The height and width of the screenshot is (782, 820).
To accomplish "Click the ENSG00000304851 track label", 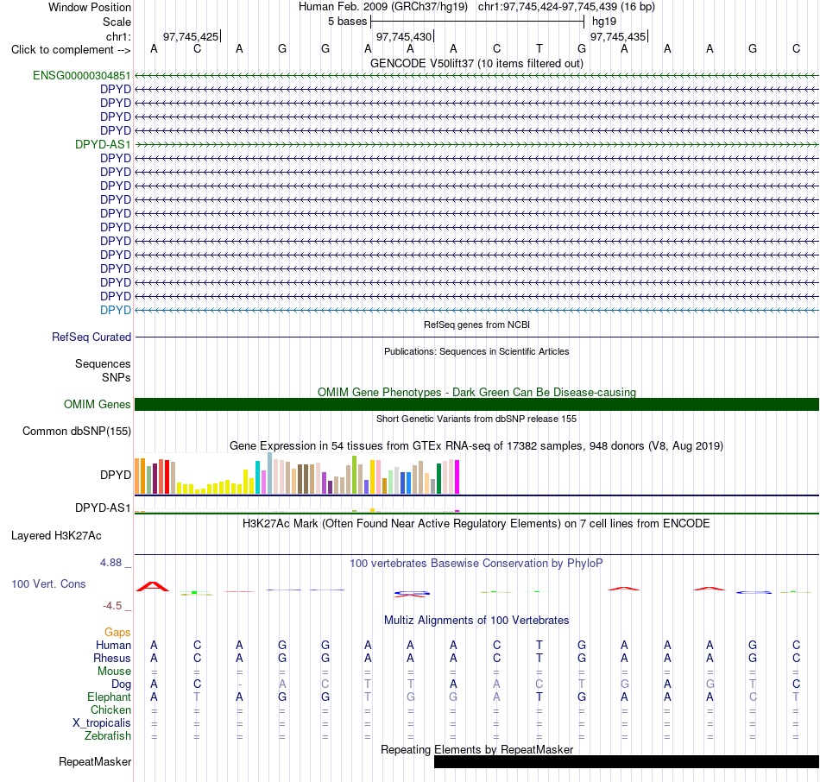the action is pyautogui.click(x=82, y=76).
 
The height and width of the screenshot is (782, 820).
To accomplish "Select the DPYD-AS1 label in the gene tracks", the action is pyautogui.click(x=103, y=144).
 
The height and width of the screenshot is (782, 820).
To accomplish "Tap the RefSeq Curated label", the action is pyautogui.click(x=91, y=337).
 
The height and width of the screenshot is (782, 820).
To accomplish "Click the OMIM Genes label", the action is pyautogui.click(x=98, y=404).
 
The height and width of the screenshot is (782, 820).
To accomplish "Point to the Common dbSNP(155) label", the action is pyautogui.click(x=77, y=432).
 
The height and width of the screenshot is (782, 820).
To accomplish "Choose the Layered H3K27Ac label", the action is pyautogui.click(x=56, y=536).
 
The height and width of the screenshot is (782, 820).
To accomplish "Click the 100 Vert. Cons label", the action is pyautogui.click(x=48, y=583).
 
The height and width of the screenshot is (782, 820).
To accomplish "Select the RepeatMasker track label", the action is pyautogui.click(x=95, y=761).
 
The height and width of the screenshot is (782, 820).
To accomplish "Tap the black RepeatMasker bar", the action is pyautogui.click(x=627, y=761).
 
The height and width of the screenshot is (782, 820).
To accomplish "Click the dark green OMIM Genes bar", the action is pyautogui.click(x=477, y=404).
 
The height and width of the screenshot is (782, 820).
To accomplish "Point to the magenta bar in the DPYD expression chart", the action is pyautogui.click(x=457, y=477).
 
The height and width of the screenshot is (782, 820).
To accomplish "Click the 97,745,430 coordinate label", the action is pyautogui.click(x=404, y=36).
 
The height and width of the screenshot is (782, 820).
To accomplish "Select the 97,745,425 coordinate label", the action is pyautogui.click(x=191, y=36).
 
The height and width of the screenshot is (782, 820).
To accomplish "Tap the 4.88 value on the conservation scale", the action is pyautogui.click(x=110, y=563).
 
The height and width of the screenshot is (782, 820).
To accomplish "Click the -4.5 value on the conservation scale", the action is pyautogui.click(x=112, y=606).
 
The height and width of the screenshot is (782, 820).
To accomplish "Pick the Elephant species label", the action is pyautogui.click(x=110, y=697).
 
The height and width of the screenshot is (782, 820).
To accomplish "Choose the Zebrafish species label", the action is pyautogui.click(x=108, y=736).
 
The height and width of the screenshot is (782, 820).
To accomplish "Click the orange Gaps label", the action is pyautogui.click(x=117, y=633).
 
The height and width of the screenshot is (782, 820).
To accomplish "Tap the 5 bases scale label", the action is pyautogui.click(x=348, y=22).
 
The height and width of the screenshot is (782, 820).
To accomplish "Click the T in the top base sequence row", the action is pyautogui.click(x=539, y=48).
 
